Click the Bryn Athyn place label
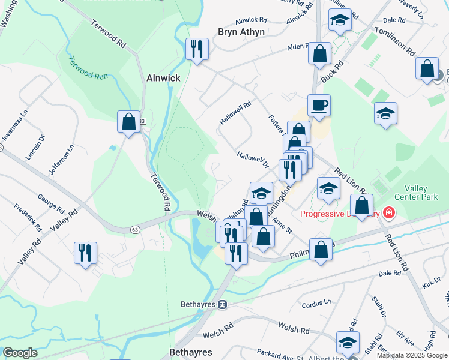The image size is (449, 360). tap(240, 32)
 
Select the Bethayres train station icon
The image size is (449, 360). tap(222, 304)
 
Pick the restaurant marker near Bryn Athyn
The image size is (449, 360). tap(197, 48)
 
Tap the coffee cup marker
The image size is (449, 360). tap(319, 105)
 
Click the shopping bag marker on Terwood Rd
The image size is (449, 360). tap(128, 122)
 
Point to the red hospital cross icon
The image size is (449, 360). tap(388, 213)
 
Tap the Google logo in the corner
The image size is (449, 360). tap(20, 353)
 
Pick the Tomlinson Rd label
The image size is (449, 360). tap(395, 41)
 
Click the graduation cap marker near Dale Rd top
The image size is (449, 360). tap(340, 21)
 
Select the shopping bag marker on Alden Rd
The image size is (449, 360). tap(319, 53)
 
